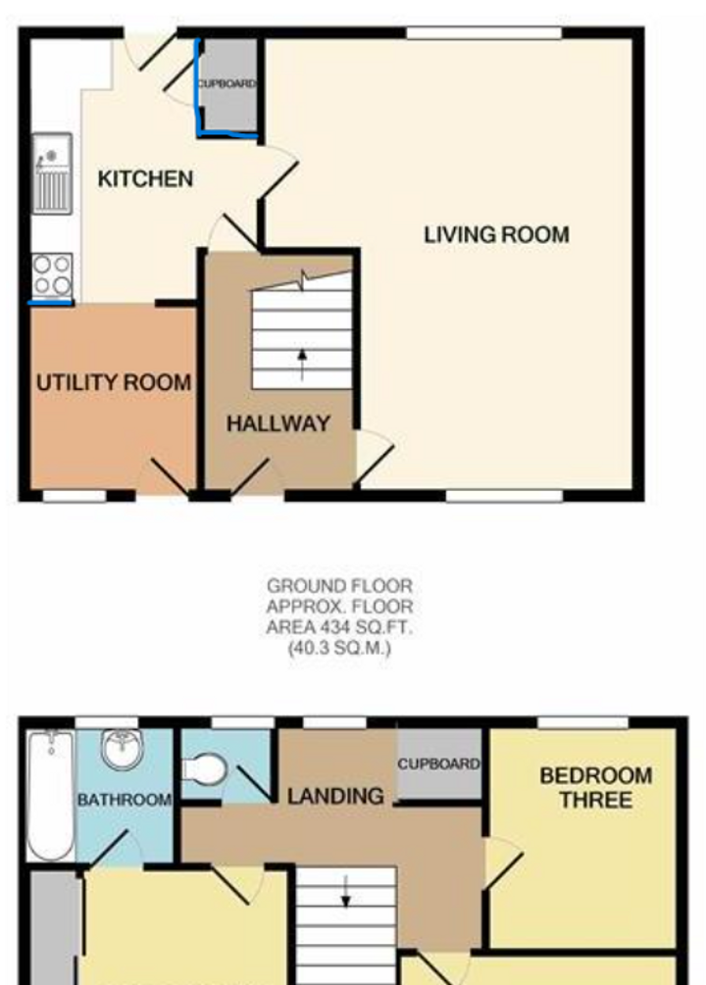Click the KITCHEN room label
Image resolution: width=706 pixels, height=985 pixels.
(x=145, y=179)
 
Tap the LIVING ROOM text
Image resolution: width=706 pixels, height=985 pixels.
(x=497, y=235)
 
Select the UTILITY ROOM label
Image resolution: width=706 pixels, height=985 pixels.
(x=114, y=382)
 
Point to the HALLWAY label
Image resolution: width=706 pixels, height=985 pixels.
(x=278, y=424)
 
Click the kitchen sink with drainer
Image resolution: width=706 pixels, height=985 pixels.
(x=52, y=173)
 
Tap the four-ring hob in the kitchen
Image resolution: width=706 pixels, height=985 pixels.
(x=53, y=276)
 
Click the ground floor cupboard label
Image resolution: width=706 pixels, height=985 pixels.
(x=227, y=83)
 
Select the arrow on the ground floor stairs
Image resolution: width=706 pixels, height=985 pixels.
(x=302, y=365)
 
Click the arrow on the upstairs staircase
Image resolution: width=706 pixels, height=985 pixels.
(x=345, y=892)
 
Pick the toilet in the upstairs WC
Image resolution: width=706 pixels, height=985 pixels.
(x=204, y=770)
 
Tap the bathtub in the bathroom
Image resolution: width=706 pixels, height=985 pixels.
(x=51, y=795)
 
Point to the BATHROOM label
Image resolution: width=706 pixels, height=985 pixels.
(x=125, y=801)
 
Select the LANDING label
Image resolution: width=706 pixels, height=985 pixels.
(x=335, y=797)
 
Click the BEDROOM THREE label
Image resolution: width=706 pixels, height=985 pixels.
(x=596, y=788)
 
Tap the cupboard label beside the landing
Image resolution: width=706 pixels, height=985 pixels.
(x=439, y=764)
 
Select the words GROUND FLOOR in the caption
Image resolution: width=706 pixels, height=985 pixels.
(x=339, y=586)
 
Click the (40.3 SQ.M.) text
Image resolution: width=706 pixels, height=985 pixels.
(x=339, y=648)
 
